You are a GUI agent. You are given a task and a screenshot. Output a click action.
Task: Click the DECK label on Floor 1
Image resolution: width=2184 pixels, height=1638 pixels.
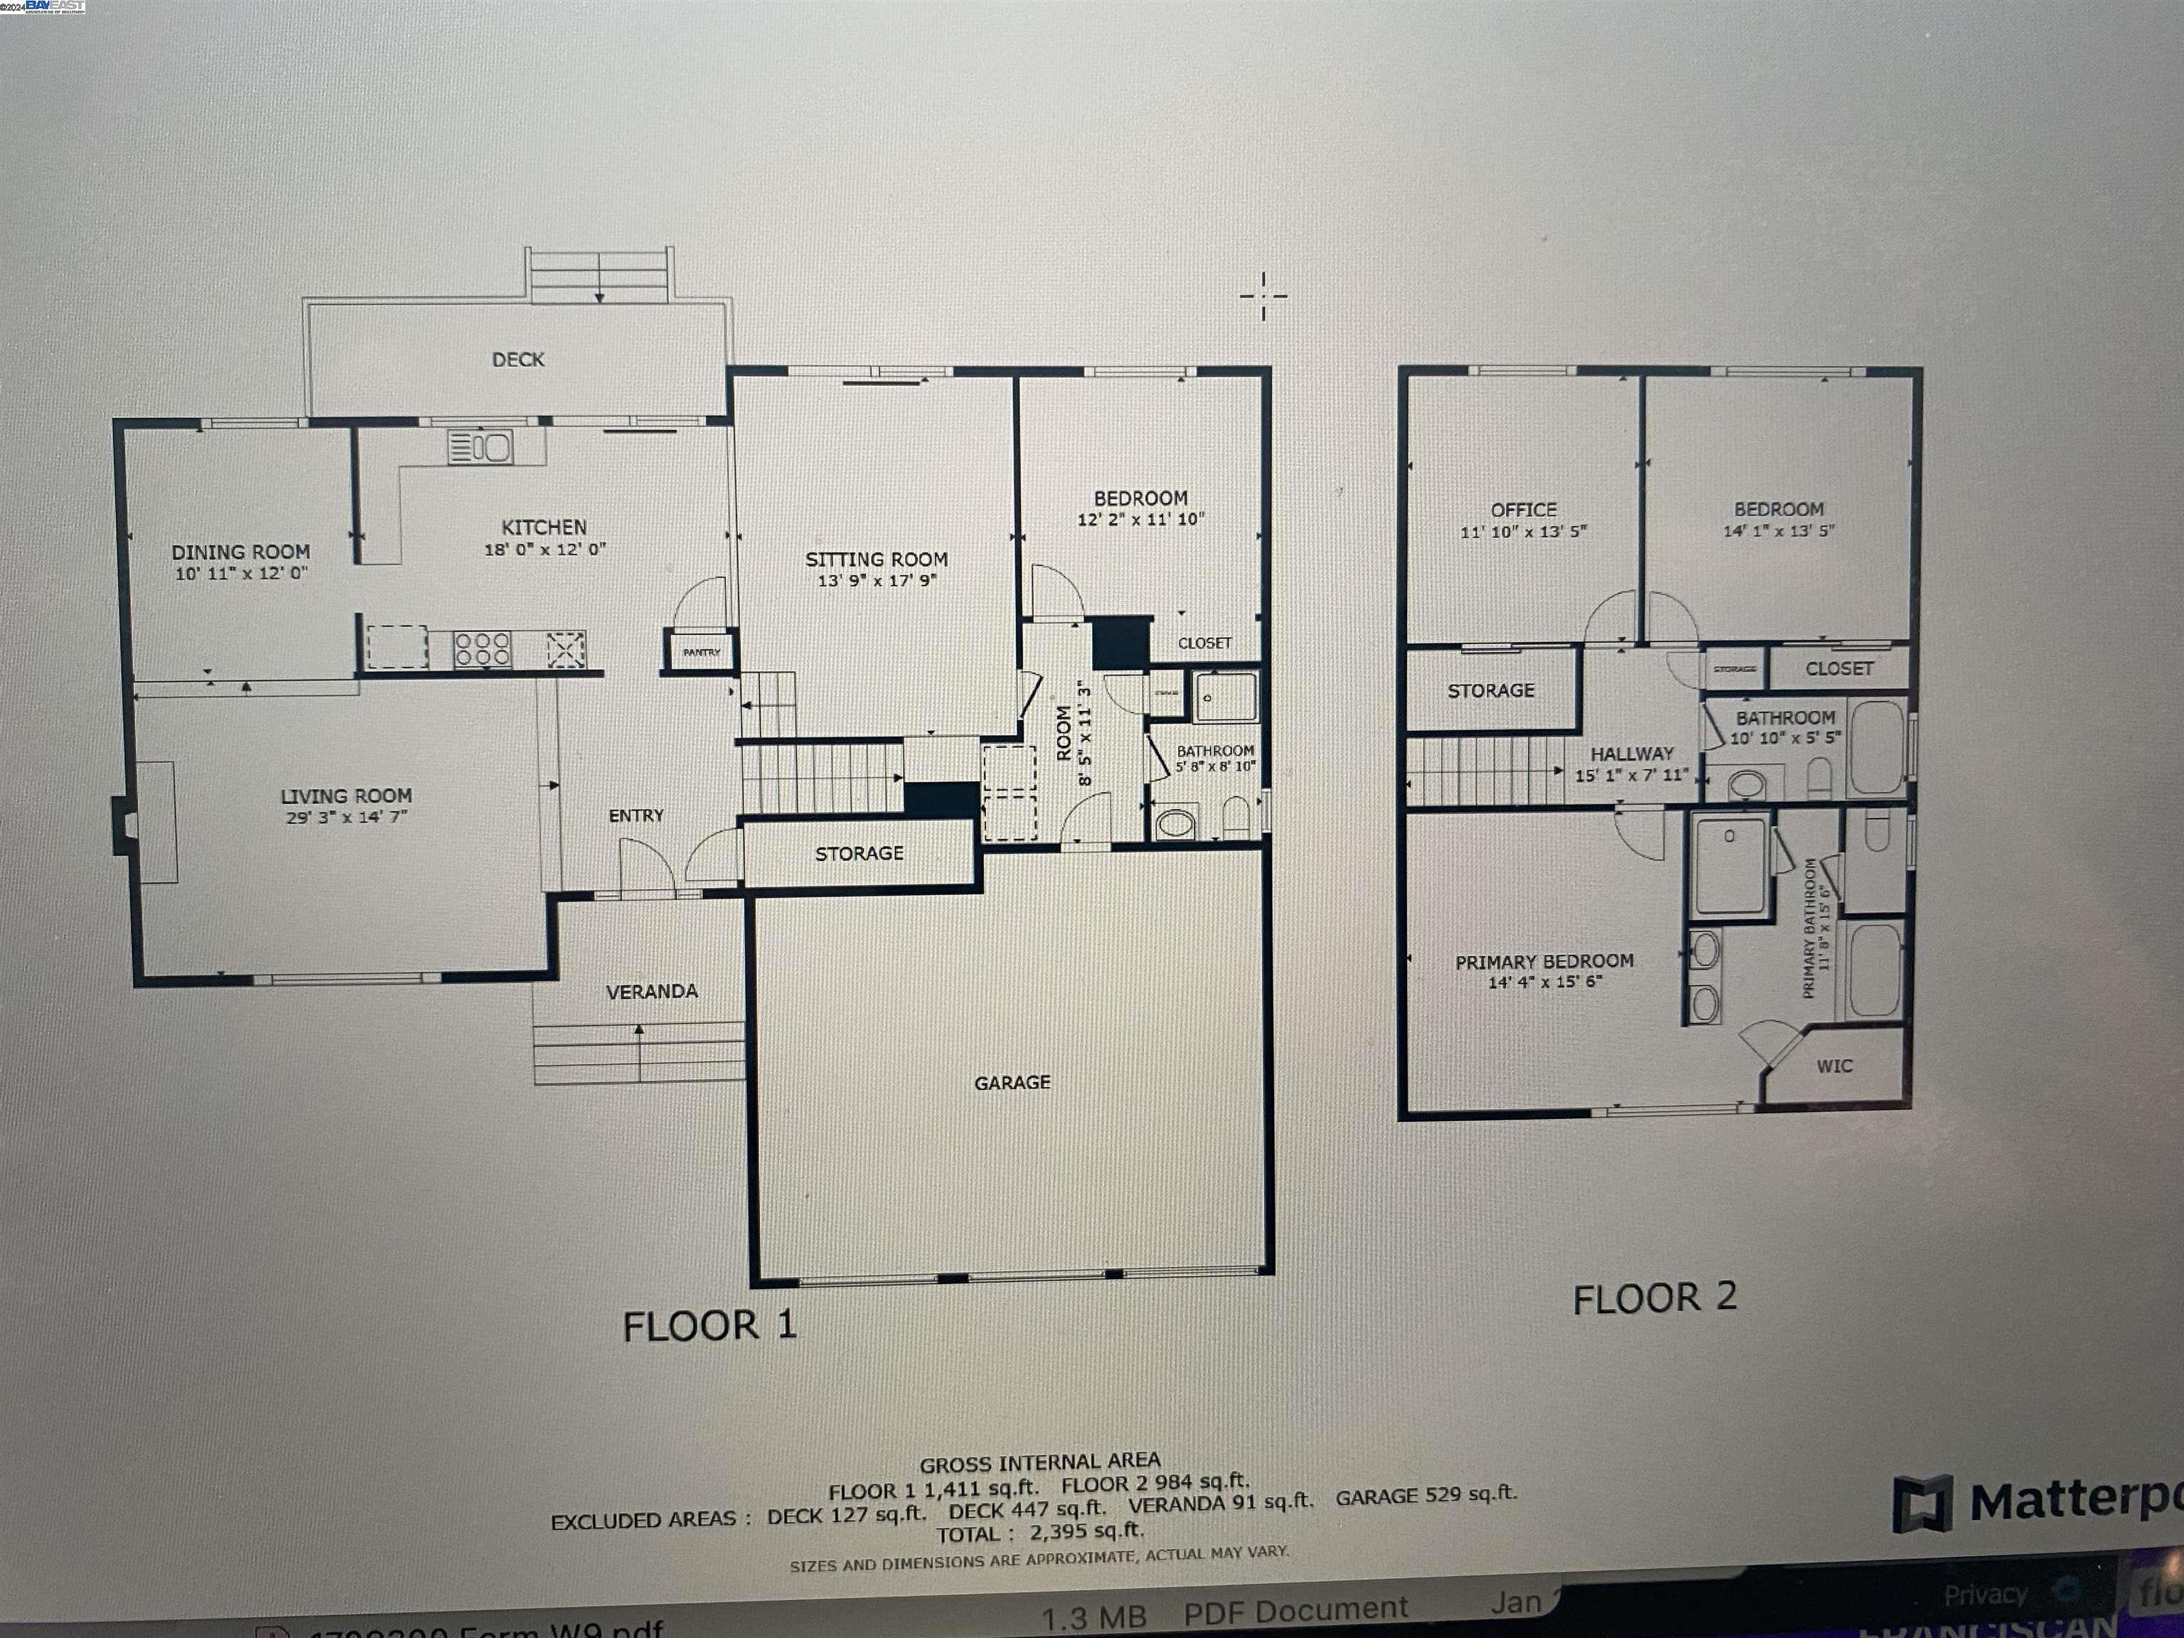[x=518, y=360]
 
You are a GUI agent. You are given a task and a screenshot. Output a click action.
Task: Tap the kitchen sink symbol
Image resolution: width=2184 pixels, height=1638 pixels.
[x=480, y=447]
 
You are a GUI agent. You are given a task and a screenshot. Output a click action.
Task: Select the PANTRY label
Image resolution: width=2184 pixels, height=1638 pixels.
[x=702, y=653]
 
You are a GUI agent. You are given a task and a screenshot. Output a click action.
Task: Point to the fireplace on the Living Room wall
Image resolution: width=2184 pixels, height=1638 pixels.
[x=125, y=825]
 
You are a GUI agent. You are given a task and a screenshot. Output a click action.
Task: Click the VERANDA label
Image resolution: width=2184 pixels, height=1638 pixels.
[x=652, y=991]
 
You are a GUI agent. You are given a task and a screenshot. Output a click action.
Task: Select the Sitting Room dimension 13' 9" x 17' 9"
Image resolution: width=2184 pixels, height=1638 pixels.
[x=877, y=581]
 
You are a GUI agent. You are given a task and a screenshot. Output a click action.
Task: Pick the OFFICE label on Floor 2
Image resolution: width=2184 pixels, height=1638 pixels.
[x=1524, y=510]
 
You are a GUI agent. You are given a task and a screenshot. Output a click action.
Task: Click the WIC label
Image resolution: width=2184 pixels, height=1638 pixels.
[x=1834, y=1066]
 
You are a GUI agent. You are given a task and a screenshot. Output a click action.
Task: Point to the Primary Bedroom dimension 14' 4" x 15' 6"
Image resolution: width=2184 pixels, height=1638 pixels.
[x=1544, y=981]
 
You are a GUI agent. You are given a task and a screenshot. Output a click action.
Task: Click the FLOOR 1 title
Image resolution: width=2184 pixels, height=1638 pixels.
[x=709, y=1325]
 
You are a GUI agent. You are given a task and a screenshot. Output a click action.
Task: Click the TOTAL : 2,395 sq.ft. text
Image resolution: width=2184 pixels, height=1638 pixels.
[x=1039, y=1532]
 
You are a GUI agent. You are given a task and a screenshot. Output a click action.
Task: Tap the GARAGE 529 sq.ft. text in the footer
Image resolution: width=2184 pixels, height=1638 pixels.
[x=1425, y=1496]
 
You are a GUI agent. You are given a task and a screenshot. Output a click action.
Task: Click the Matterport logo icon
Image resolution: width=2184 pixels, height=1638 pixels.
[x=1922, y=1504]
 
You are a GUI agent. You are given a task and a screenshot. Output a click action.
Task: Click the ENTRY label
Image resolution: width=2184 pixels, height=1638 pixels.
[x=636, y=815]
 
